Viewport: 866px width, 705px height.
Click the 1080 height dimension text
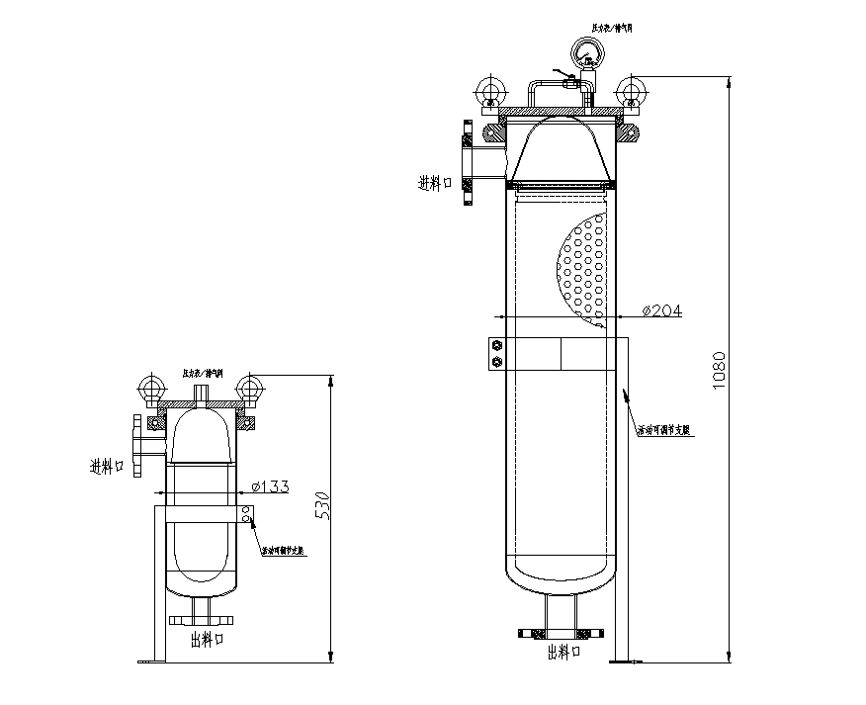(x=720, y=371)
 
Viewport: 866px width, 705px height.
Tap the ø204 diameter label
(x=661, y=310)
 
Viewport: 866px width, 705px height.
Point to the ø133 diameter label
(x=270, y=485)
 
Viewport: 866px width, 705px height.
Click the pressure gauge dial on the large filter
(x=587, y=50)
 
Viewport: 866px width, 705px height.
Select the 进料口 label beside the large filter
(x=435, y=182)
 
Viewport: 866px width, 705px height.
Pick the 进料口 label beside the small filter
(x=107, y=465)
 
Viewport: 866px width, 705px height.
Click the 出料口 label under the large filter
(x=563, y=653)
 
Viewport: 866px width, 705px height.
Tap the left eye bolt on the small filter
(x=152, y=388)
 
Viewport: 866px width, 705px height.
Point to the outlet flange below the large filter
(x=562, y=630)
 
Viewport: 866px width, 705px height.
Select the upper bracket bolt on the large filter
(x=496, y=345)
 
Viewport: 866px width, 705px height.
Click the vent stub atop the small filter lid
(x=203, y=393)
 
